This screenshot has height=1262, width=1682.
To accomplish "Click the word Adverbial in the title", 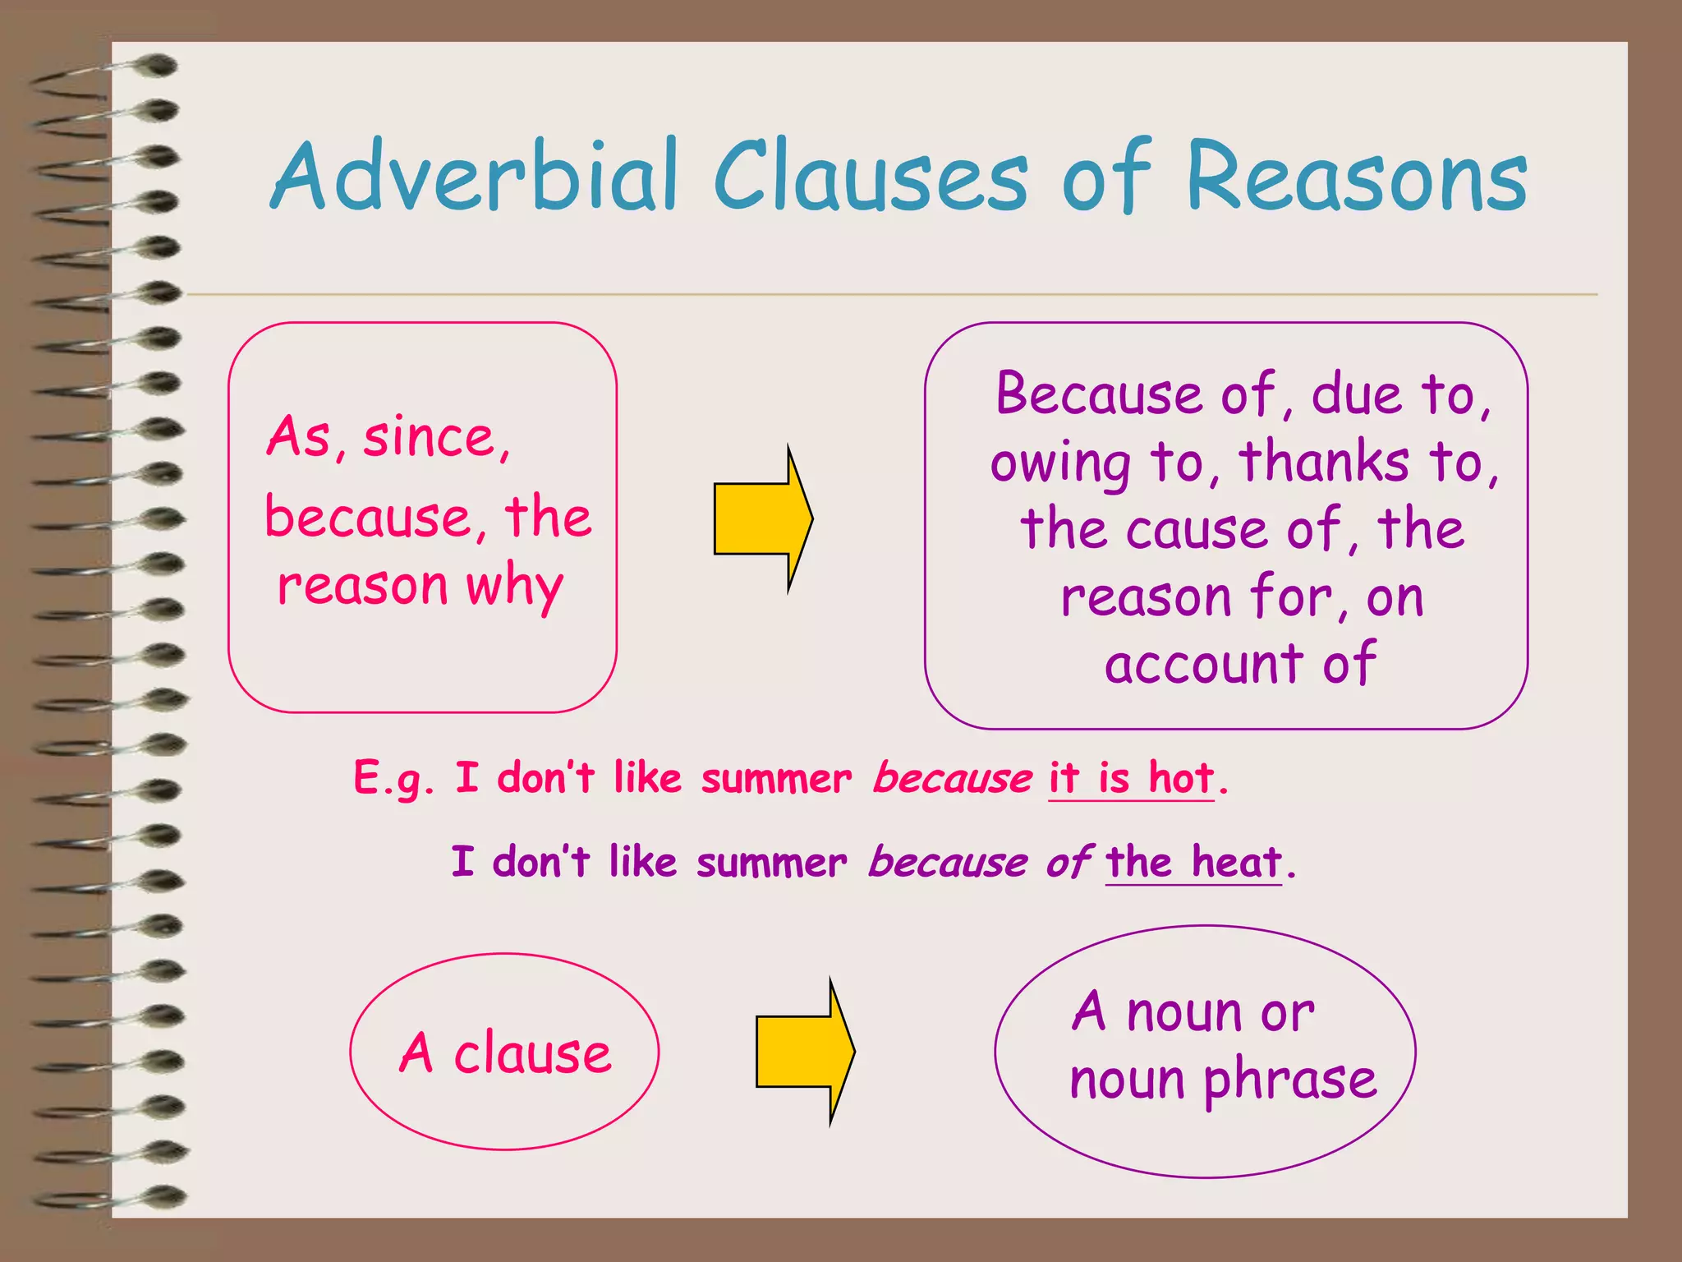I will click(475, 177).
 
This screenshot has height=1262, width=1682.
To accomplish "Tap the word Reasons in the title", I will click(1356, 177).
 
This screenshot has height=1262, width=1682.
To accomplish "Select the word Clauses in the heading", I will click(870, 177).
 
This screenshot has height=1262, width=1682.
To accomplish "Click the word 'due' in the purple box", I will click(1356, 394).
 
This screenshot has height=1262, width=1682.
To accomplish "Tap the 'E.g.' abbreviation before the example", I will click(393, 778).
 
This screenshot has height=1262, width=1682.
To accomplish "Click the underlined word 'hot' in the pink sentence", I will click(1181, 776).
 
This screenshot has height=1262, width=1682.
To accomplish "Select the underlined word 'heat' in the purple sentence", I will click(1236, 862).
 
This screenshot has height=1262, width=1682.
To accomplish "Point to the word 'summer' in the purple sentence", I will click(771, 864).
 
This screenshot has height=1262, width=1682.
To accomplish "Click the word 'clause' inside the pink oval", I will click(532, 1052).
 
